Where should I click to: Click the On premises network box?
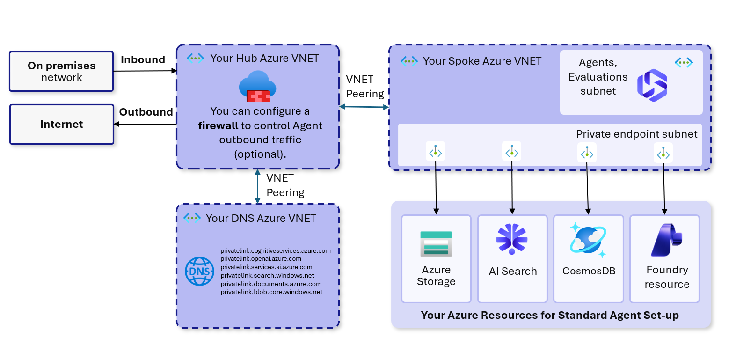pos(61,71)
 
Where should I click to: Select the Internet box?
pos(61,124)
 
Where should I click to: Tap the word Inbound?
pos(143,59)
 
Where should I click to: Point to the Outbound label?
pos(146,112)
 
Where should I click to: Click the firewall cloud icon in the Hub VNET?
pos(257,86)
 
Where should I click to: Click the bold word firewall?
pos(218,125)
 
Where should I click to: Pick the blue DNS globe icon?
pos(200,271)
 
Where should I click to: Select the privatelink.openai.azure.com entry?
pos(261,258)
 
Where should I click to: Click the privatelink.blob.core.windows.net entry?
pos(271,292)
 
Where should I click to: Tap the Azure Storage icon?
pos(436,243)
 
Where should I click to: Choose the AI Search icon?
pos(512,239)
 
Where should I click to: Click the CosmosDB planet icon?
pos(588,241)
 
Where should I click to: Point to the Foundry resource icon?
pos(666,240)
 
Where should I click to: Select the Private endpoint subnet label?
pos(636,134)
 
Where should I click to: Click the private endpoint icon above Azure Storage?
pos(436,152)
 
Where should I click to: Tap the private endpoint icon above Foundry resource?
pos(663,153)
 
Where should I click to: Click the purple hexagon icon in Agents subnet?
pos(652,85)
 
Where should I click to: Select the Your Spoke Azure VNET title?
pos(482,61)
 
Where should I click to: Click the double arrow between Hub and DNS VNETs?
pos(257,186)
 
